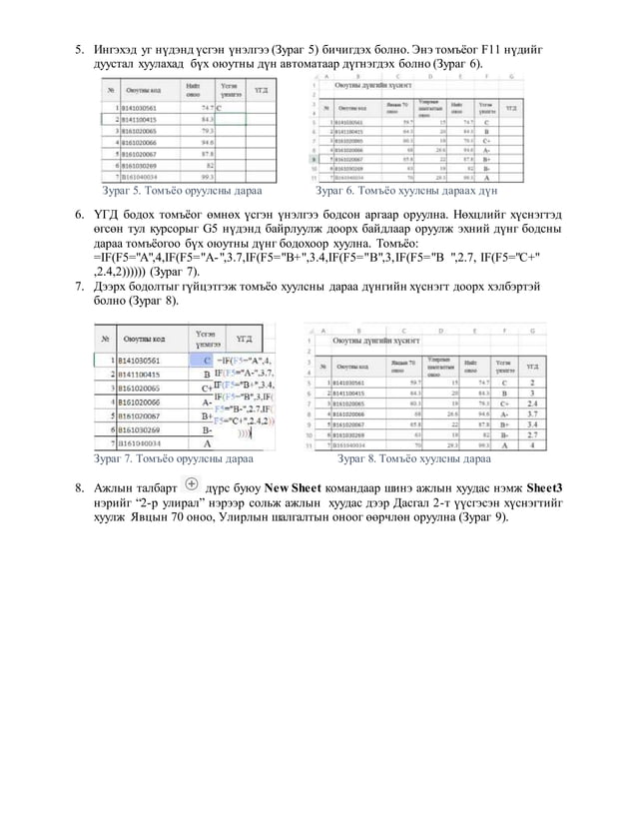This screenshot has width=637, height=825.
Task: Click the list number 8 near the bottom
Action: (70, 488)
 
